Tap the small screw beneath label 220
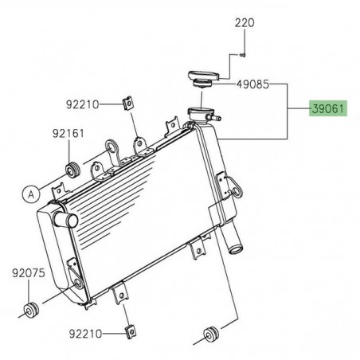(x=242, y=55)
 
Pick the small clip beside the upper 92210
(x=127, y=103)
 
